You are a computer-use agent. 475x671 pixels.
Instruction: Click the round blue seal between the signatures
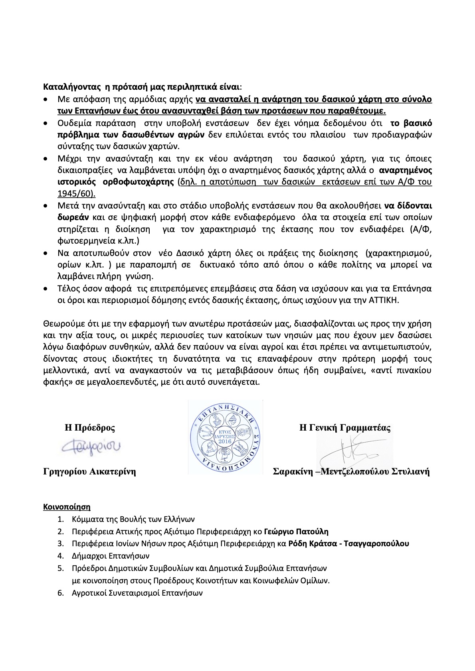226,437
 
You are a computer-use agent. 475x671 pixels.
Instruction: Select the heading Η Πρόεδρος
90,428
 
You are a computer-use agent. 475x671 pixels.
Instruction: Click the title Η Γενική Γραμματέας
345,428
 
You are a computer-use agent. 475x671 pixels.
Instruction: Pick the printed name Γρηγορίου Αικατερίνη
89,472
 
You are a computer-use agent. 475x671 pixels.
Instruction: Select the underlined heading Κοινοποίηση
67,507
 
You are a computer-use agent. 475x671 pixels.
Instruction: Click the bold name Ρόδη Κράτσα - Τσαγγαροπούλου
348,543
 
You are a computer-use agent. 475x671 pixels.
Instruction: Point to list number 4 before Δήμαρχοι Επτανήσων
61,556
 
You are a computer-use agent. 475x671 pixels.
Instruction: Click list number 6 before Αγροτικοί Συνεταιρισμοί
61,593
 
